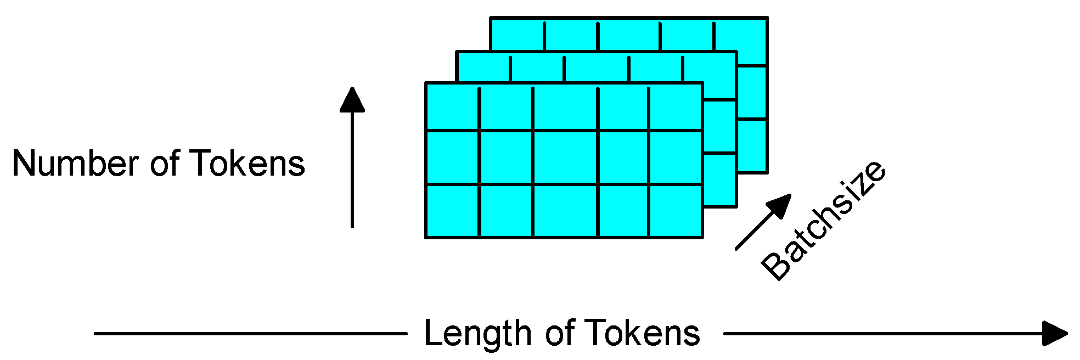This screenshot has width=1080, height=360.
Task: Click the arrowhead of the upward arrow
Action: [352, 100]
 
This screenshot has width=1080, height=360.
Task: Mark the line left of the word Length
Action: [250, 333]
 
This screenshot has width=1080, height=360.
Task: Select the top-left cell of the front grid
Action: [453, 107]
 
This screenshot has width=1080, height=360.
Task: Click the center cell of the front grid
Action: [565, 157]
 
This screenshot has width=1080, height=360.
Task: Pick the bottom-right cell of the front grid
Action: [676, 211]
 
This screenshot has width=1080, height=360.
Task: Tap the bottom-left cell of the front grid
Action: [453, 211]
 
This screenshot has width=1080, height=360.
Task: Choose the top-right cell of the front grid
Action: [676, 107]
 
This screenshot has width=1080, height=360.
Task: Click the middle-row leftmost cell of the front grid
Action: [453, 157]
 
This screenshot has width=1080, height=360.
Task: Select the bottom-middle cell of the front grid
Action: [565, 211]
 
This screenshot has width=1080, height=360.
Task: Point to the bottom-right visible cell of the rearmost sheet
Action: [752, 145]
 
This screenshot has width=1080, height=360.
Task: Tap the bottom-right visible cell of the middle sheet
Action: [720, 180]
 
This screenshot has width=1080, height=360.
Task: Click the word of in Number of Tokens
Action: [165, 164]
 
